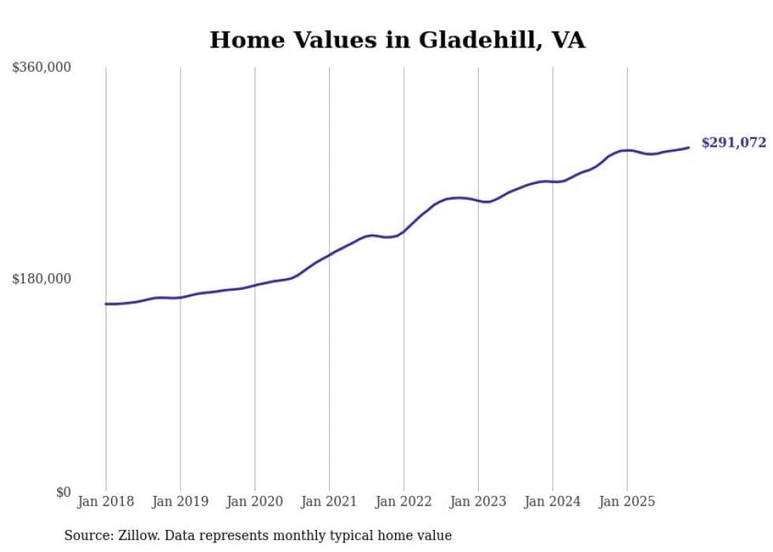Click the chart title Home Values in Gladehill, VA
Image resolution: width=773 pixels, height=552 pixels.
(398, 40)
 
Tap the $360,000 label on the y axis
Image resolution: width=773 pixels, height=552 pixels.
(42, 68)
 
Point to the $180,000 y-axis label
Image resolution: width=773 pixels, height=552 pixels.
(42, 279)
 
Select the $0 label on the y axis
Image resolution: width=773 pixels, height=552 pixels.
(63, 492)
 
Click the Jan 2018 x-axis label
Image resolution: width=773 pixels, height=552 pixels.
(106, 501)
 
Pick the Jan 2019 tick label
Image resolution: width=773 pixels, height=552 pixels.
(181, 501)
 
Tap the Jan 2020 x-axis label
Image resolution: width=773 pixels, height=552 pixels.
(255, 501)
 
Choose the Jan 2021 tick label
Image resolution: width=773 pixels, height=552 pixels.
(329, 501)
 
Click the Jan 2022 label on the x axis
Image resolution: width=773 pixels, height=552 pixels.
(404, 501)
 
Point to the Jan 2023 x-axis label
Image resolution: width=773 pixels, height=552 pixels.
(478, 501)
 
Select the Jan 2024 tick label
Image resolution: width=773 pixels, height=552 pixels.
(553, 501)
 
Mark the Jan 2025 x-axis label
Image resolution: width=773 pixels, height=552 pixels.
(627, 501)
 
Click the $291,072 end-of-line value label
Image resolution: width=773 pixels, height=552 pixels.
(734, 143)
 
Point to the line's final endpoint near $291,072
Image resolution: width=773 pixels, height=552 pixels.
(689, 148)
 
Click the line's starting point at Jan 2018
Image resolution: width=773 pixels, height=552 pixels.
(106, 303)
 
